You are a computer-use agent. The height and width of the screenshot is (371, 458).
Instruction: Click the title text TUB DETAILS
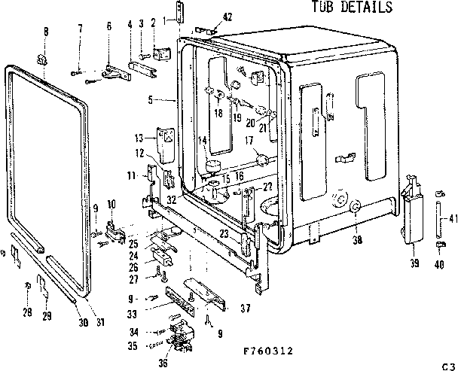352,8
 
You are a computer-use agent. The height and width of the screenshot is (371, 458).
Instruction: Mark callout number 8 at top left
44,31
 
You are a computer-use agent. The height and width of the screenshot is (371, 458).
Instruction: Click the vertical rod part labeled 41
438,219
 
